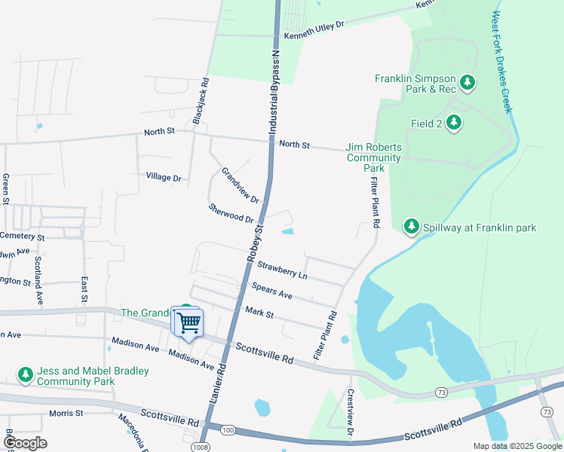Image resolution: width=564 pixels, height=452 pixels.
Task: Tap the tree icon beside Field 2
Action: pos(453,123)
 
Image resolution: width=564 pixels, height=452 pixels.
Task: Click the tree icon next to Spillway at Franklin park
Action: pos(411,226)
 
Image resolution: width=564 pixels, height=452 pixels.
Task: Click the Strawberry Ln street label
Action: pos(282,270)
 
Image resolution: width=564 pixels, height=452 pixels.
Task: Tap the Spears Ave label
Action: pos(271,290)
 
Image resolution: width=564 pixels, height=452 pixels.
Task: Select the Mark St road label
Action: pos(259,312)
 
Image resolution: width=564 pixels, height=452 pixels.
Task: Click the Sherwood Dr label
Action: pos(231,213)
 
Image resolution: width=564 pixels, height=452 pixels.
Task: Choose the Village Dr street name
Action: pos(164,177)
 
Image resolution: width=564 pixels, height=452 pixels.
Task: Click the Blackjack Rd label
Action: pos(200,100)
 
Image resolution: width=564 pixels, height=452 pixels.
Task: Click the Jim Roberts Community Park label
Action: pos(373,157)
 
